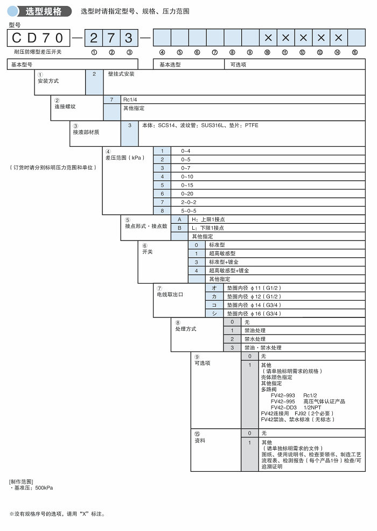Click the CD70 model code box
38,38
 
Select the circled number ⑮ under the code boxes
354,52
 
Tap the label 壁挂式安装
121,74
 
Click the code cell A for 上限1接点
179,220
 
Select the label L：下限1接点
208,228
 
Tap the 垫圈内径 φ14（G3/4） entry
254,305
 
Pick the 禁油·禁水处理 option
263,348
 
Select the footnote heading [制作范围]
21,481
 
